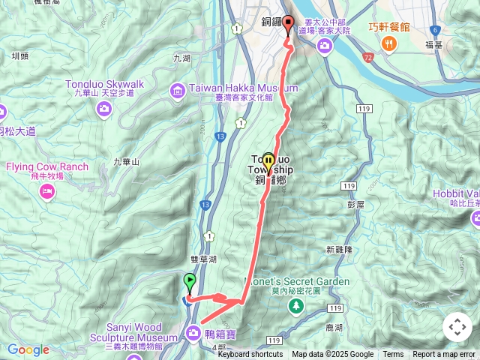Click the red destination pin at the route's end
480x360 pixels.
coord(289,24)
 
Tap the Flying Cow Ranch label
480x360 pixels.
coord(48,167)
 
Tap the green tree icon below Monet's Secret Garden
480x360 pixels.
coord(297,305)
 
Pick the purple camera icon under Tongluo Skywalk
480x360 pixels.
coord(104,109)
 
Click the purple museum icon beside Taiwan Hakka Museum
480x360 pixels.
coord(178,91)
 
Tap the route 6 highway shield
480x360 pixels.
coord(434,29)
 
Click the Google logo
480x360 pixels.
coord(28,349)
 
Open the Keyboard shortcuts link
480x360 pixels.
coord(250,355)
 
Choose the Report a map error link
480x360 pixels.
coord(445,355)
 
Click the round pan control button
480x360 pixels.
coord(457,327)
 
